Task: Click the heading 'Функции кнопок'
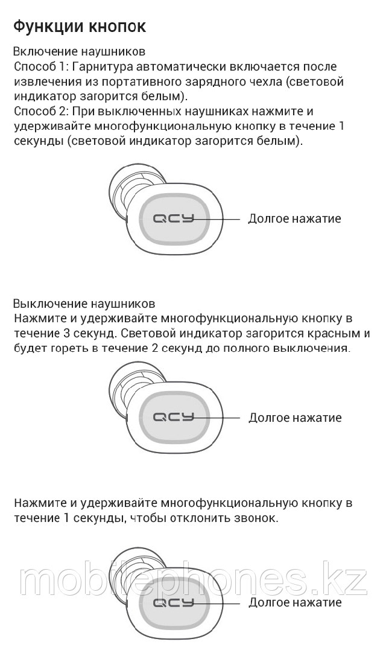pos(80,27)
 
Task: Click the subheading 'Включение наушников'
pos(79,52)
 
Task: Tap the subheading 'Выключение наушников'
pos(84,304)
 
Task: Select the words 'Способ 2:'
pos(42,111)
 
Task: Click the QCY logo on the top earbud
pos(173,219)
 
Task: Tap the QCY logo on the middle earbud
pos(173,418)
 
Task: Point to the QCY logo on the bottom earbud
pos(173,602)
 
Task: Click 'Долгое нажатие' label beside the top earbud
pos(294,219)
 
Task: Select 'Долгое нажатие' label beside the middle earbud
pos(295,418)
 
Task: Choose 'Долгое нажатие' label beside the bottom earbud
pos(295,602)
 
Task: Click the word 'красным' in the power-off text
pos(335,333)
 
